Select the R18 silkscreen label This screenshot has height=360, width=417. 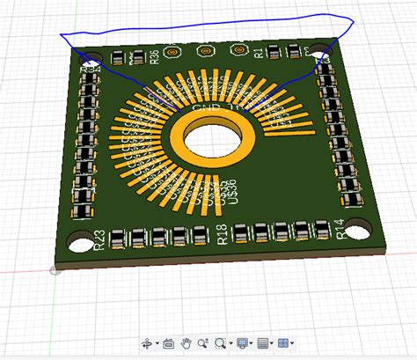click(222, 234)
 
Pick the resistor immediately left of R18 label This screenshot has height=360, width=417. click(201, 235)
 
